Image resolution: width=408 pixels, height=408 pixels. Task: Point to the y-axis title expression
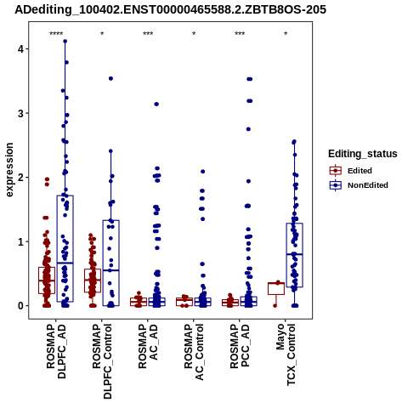pos(9,170)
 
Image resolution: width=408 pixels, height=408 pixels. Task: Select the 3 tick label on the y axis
pos(20,113)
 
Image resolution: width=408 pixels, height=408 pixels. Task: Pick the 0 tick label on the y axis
pos(20,306)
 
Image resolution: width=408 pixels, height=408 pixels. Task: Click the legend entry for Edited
pos(350,171)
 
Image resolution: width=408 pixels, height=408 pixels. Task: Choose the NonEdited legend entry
pos(359,185)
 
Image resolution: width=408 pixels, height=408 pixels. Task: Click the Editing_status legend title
pos(363,154)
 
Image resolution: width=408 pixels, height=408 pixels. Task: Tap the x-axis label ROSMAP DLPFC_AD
pos(56,351)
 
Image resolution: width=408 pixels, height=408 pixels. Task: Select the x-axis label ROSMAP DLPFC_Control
pos(102,361)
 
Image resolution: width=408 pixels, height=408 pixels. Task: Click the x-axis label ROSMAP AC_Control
pos(194,352)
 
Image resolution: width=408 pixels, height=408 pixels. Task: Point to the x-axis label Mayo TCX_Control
pos(286,354)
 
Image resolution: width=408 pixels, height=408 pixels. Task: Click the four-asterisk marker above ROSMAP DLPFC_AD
pos(56,34)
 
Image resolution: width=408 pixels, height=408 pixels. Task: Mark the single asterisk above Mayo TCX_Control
pos(286,34)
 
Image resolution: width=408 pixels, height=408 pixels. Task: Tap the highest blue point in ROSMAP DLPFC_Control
pos(110,78)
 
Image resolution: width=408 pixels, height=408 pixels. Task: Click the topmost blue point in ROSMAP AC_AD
pos(156,104)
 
